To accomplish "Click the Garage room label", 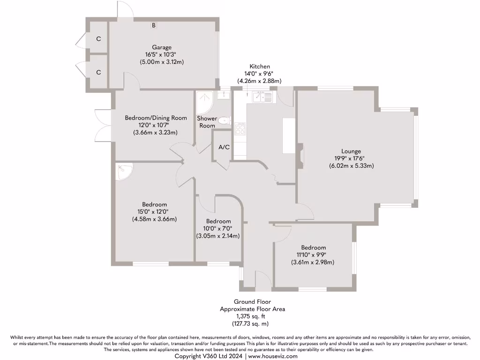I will pos(161,47).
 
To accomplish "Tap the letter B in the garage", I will pos(153,25).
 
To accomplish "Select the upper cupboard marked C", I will pos(98,39).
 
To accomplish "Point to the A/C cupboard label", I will pos(224,147).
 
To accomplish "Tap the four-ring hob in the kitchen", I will pos(240,128).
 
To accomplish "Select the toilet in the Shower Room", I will pos(225,120).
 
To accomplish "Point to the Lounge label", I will pos(351,151).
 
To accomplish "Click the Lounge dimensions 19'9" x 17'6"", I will pos(351,158).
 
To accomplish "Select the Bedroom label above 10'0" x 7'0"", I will pos(218,221).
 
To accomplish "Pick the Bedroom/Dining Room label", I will pos(156,118).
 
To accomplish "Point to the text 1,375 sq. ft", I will pos(253,316).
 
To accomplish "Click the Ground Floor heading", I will pos(253,301).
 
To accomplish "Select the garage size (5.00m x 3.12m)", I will pos(161,61).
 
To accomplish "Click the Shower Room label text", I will pos(207,122).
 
